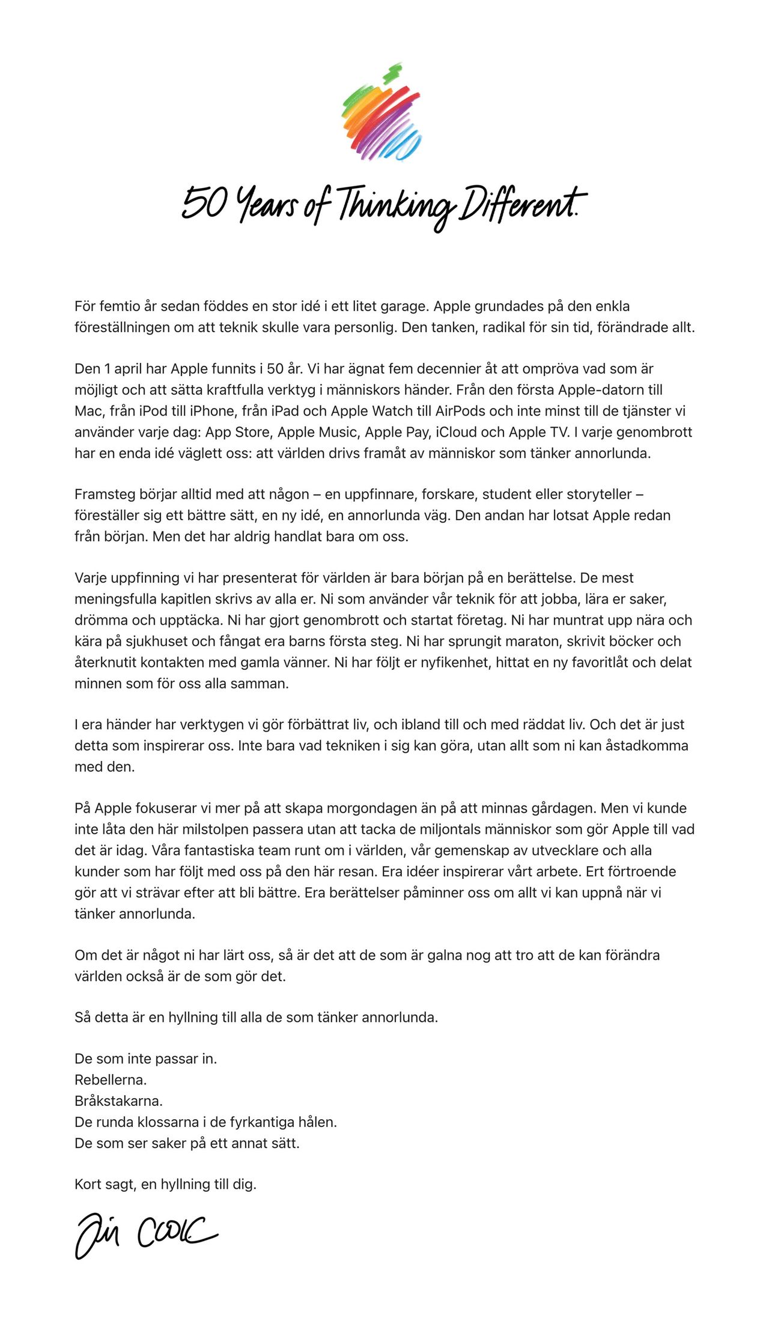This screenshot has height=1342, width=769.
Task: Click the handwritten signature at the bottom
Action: pos(146,1234)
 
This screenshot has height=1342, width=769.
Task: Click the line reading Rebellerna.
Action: pos(111,1079)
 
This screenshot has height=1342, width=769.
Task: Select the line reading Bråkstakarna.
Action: pos(118,1101)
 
